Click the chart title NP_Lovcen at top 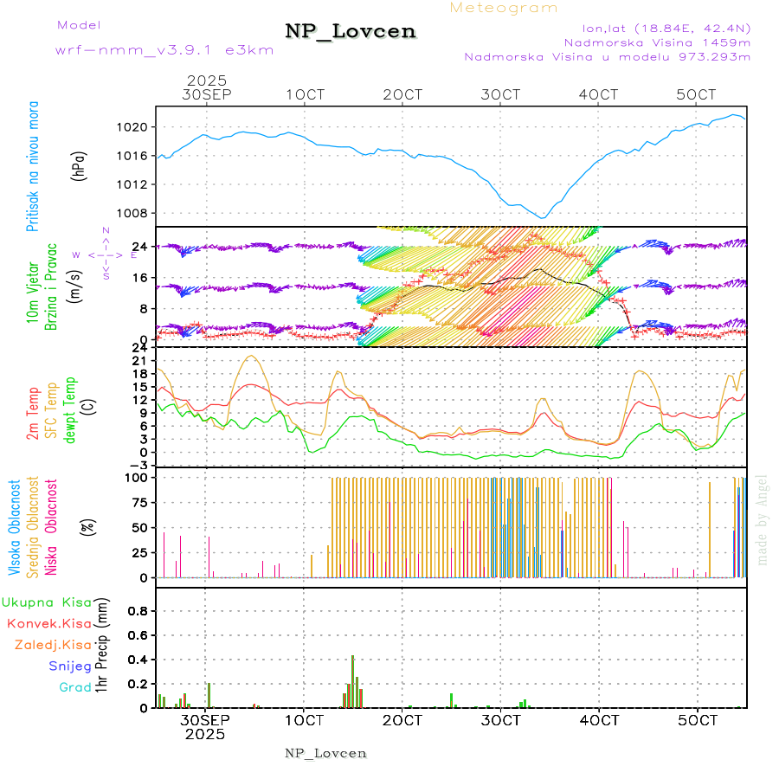[351, 32]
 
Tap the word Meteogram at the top [504, 8]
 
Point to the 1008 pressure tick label [134, 213]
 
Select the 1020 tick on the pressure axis [134, 127]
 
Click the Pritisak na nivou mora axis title [34, 166]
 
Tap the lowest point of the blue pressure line [542, 218]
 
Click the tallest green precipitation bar [352, 681]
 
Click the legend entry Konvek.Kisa [48, 623]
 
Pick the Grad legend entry [74, 687]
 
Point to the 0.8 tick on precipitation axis [138, 610]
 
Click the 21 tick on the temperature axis [140, 360]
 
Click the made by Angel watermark [763, 519]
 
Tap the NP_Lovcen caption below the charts [325, 753]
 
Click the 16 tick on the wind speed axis [139, 277]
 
